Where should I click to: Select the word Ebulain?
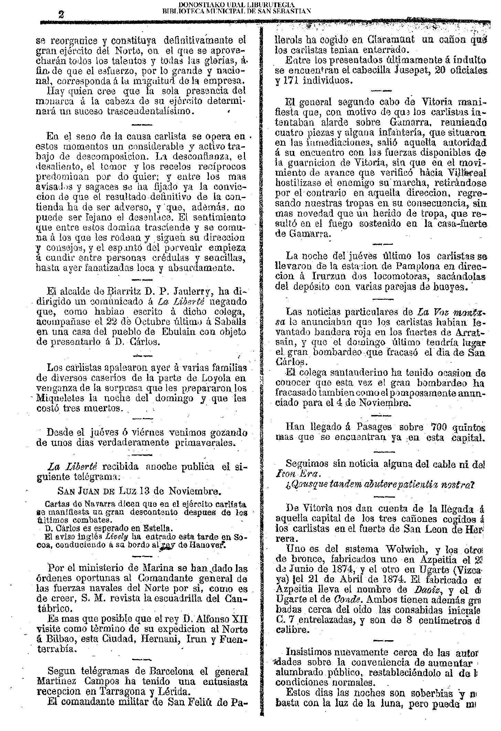(x=181, y=332)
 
